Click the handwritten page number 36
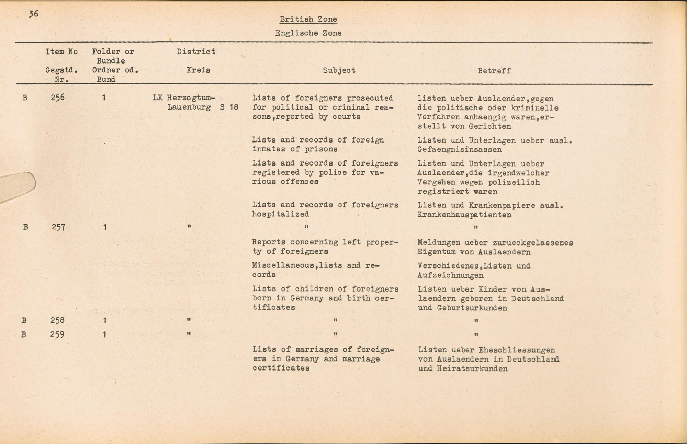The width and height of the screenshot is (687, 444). click(x=33, y=14)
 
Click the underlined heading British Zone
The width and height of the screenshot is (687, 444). click(x=308, y=19)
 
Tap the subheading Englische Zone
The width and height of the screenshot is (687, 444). click(x=308, y=33)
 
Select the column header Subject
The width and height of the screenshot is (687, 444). click(x=339, y=70)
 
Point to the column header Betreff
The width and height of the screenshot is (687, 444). click(x=494, y=71)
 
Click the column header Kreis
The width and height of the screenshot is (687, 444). click(x=198, y=70)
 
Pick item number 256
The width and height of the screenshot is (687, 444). click(x=57, y=98)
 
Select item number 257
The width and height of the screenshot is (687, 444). click(x=58, y=227)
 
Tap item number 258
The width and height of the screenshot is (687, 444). click(x=57, y=320)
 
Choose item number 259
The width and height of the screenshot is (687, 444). click(x=57, y=334)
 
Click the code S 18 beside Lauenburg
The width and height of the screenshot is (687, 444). click(x=229, y=107)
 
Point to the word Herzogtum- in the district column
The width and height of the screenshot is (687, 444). click(x=191, y=98)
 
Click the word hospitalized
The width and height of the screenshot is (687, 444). click(x=281, y=214)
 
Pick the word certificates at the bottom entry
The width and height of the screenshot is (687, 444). click(x=281, y=368)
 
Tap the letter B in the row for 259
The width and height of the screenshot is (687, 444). click(x=24, y=334)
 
